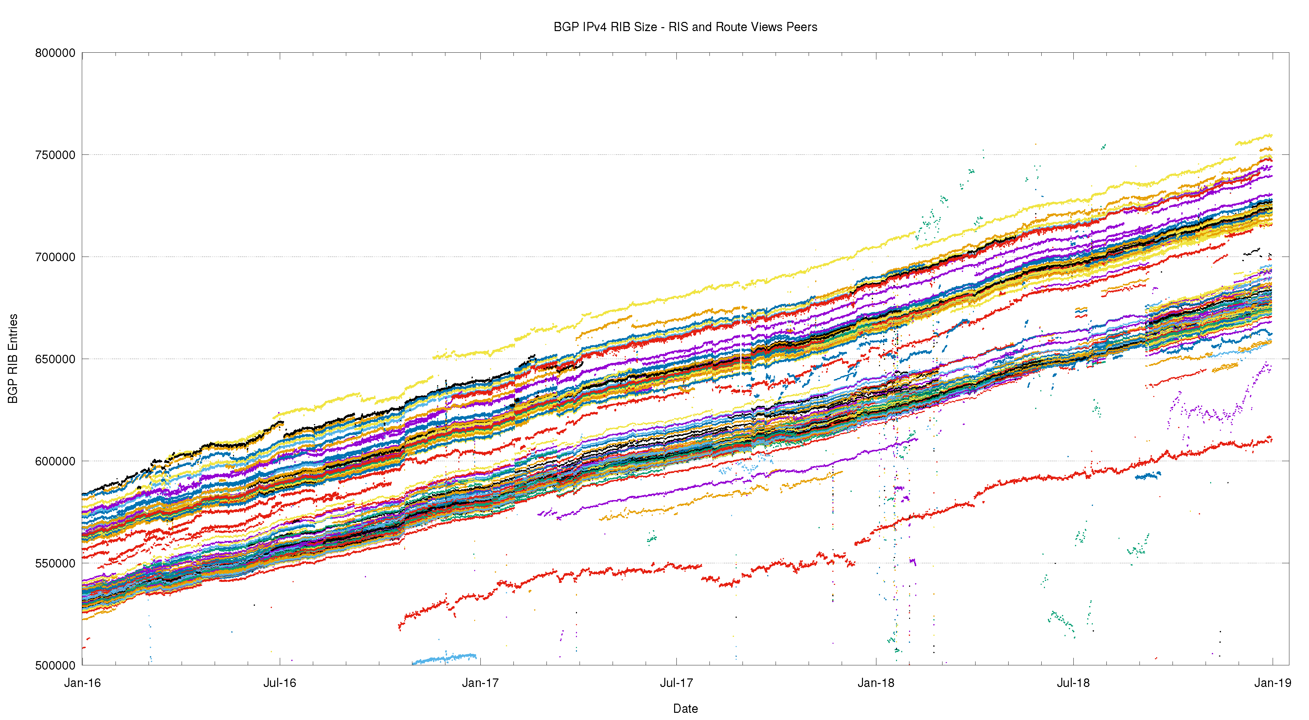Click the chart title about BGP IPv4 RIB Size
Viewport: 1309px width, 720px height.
coord(685,27)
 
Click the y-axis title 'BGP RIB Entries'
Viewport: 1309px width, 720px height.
coord(13,358)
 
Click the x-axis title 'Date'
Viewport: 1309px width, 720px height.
coord(685,708)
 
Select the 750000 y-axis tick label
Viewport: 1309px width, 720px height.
coord(55,155)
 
